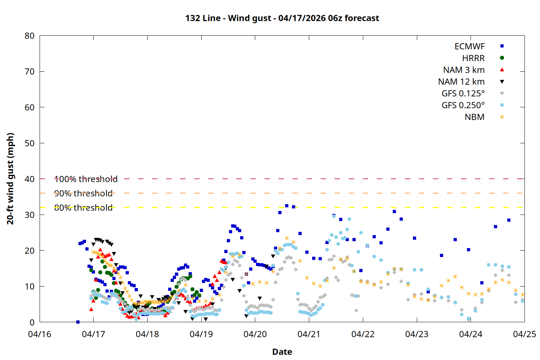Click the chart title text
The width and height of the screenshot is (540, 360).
pyautogui.click(x=282, y=18)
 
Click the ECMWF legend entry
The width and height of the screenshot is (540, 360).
pyautogui.click(x=469, y=46)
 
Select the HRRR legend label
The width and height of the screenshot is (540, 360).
pyautogui.click(x=473, y=58)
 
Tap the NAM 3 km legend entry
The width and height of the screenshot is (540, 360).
pyautogui.click(x=464, y=70)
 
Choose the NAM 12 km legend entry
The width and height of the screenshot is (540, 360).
pyautogui.click(x=461, y=82)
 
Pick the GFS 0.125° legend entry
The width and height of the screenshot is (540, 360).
pyautogui.click(x=463, y=94)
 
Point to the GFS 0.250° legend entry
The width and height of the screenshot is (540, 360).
pyautogui.click(x=463, y=105)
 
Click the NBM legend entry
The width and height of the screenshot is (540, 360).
pyautogui.click(x=474, y=117)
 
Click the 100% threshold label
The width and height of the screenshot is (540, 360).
pyautogui.click(x=86, y=179)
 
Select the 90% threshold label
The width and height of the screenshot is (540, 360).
pyautogui.click(x=83, y=193)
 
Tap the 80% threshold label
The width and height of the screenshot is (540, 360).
pyautogui.click(x=83, y=208)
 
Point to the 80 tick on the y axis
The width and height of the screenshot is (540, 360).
pyautogui.click(x=30, y=36)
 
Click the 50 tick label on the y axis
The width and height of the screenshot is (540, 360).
pyautogui.click(x=30, y=143)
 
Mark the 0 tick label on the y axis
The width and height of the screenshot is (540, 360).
pyautogui.click(x=32, y=322)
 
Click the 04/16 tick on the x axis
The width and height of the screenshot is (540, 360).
pyautogui.click(x=40, y=334)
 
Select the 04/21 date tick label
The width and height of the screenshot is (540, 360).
pyautogui.click(x=309, y=334)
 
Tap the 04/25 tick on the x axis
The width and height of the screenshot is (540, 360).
pyautogui.click(x=524, y=334)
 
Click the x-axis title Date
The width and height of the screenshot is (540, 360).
pyautogui.click(x=282, y=352)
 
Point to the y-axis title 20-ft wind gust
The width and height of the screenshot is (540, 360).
pyautogui.click(x=10, y=179)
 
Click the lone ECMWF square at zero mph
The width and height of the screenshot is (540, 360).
pyautogui.click(x=78, y=322)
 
